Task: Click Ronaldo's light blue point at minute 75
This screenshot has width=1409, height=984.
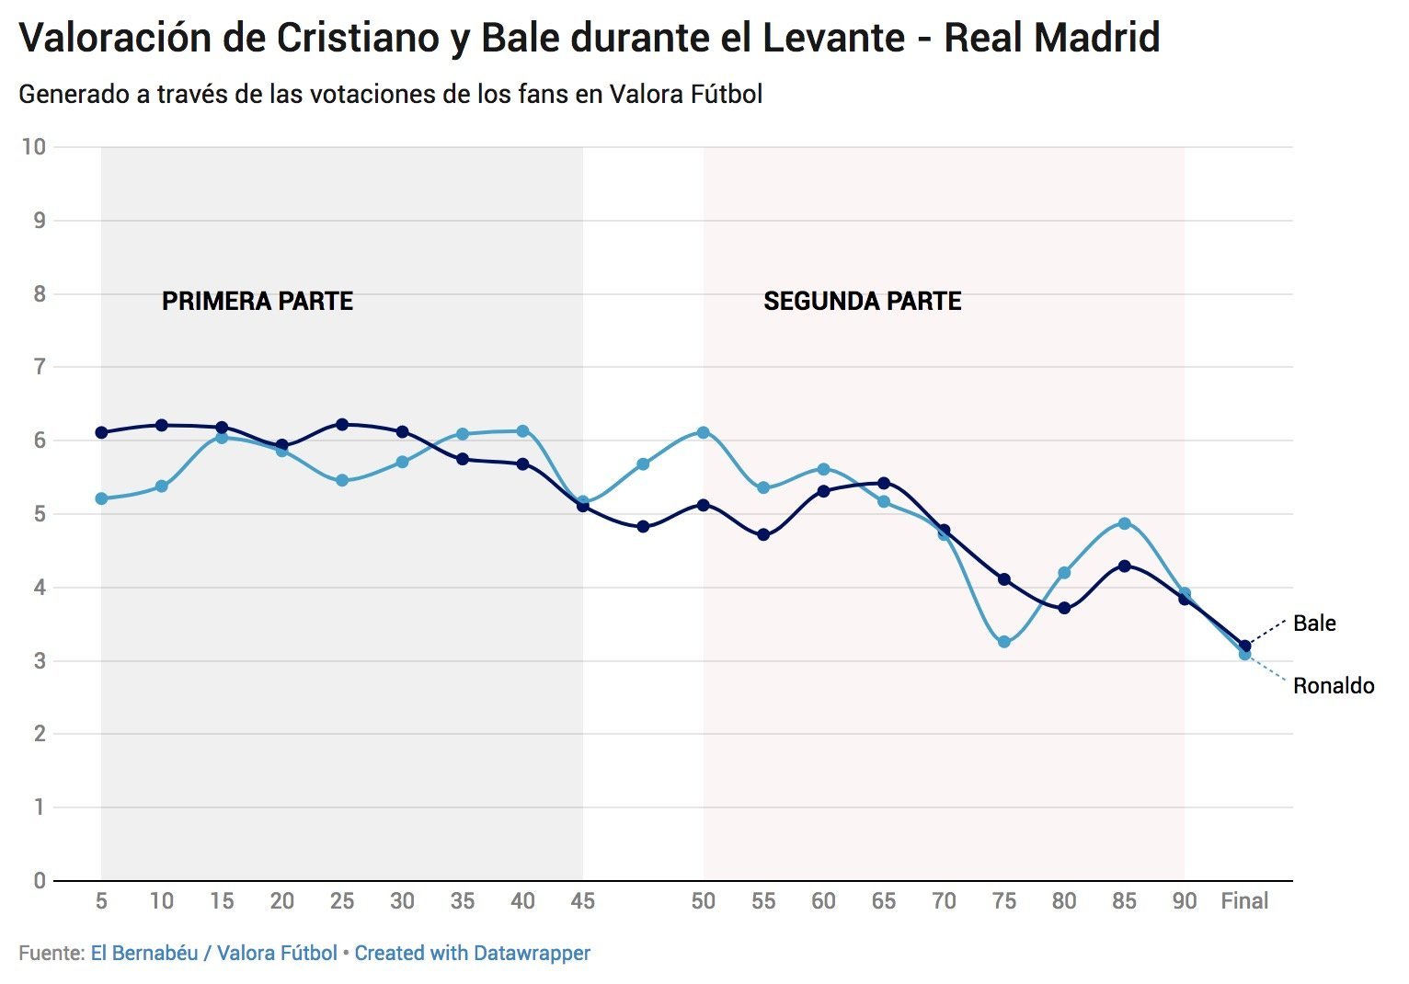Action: (1004, 642)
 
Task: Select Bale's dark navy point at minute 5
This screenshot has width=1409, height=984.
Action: (101, 432)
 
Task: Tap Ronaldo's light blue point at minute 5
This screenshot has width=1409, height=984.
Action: (101, 498)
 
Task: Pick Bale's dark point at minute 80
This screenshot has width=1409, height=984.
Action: (1064, 608)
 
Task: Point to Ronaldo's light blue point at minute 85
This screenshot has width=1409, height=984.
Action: (1124, 523)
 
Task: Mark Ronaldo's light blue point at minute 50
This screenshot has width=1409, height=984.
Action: (704, 432)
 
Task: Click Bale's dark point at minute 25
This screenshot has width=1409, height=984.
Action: (342, 424)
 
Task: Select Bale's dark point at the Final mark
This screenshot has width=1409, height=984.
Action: (1244, 646)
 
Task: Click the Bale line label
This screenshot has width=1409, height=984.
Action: (1313, 624)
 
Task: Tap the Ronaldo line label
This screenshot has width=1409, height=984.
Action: (1333, 686)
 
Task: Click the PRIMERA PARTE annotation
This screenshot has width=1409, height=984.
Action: (258, 302)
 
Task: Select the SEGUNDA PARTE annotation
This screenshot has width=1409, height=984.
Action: (862, 302)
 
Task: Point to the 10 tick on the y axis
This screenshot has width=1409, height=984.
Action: (34, 147)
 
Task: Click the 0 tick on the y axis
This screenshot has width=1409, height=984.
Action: (40, 881)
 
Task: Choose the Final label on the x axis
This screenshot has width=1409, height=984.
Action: (1244, 901)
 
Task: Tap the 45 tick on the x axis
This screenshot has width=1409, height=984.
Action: (582, 901)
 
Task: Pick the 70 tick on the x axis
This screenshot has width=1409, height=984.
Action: (944, 901)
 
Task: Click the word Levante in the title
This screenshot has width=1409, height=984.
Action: (826, 39)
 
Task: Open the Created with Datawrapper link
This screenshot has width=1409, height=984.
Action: (472, 954)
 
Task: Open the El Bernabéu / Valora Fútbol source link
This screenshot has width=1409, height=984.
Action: (213, 954)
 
